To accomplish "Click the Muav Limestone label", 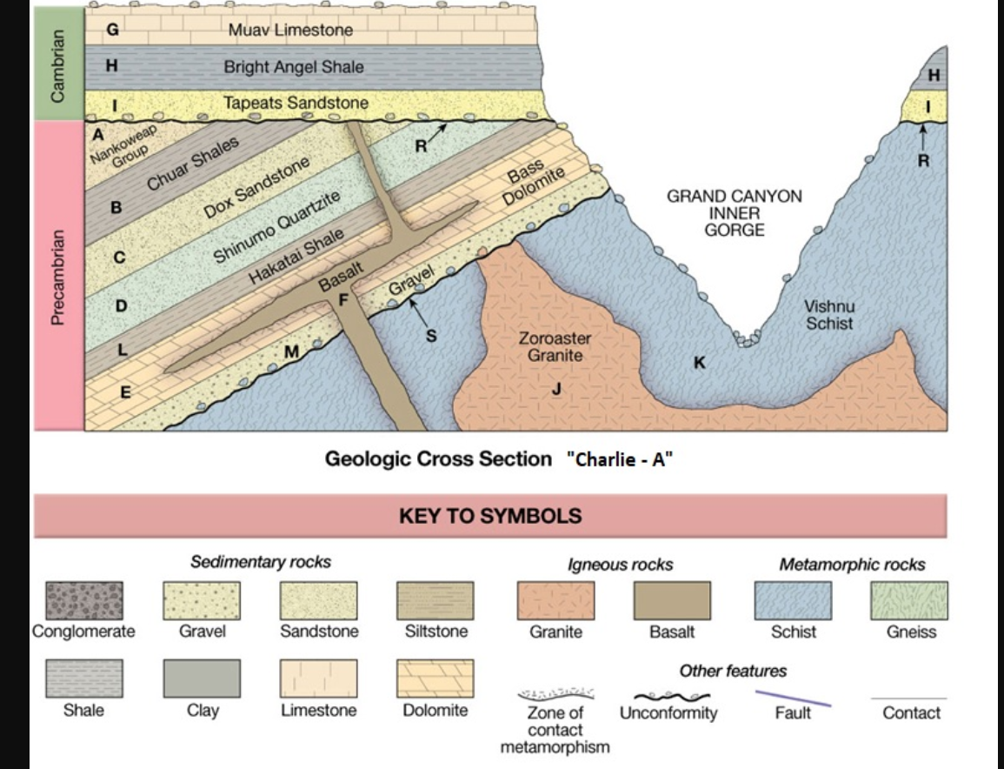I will [290, 30].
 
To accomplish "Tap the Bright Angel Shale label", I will [293, 66].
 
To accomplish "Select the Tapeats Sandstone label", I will [296, 103].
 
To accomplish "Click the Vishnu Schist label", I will [828, 315].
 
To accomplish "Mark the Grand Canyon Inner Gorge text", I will [735, 213].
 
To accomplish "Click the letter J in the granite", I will [557, 389].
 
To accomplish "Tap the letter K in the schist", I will [699, 362].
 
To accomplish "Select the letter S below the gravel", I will [430, 336].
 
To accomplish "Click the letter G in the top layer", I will [112, 30].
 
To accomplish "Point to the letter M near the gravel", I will [292, 351].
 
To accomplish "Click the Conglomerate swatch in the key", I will [84, 600].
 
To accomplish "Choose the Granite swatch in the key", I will [555, 600].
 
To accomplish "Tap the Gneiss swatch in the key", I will [909, 600].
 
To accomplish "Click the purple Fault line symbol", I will [793, 697].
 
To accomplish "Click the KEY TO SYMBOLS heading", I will [490, 516].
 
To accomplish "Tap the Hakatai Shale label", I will [296, 255].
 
